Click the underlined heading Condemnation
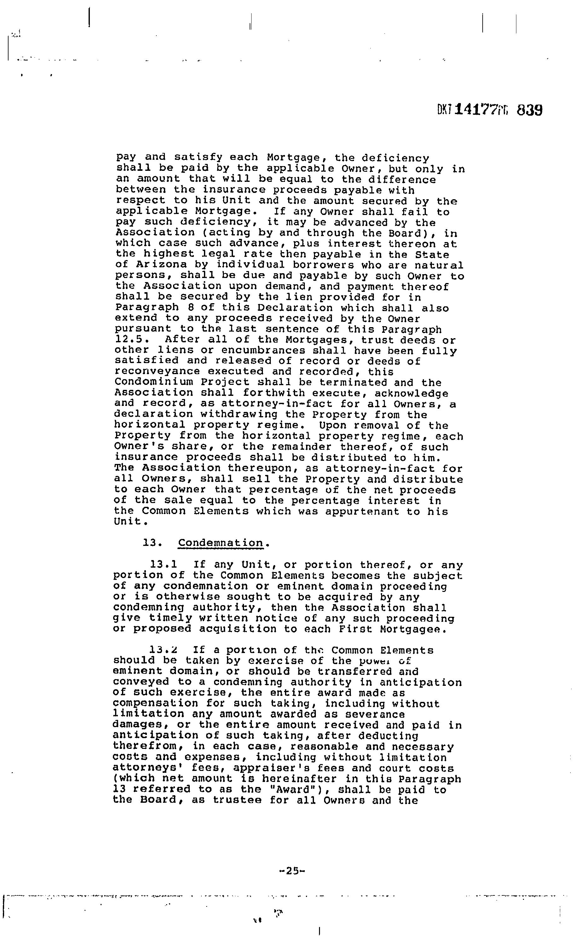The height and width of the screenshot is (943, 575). [221, 543]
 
